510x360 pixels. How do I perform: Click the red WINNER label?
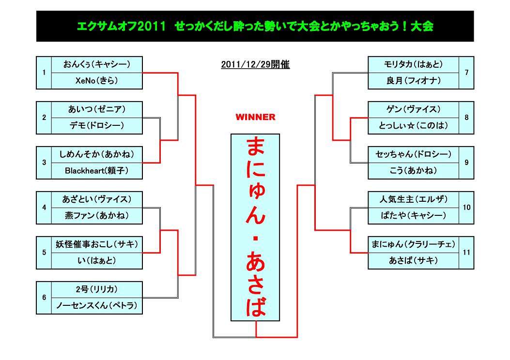click(255, 117)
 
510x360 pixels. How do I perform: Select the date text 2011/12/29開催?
click(255, 64)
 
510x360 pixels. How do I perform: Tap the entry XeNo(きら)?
click(97, 81)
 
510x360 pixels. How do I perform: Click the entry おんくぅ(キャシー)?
click(97, 64)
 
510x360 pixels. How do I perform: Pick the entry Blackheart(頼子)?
click(97, 171)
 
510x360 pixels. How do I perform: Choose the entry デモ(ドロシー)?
click(97, 126)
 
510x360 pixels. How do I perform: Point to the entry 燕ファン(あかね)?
click(97, 215)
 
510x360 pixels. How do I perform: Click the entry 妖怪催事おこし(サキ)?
click(97, 244)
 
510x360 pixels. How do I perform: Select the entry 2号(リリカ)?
click(97, 289)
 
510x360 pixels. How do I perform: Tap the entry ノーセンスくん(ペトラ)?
click(97, 305)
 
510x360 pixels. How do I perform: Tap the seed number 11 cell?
click(466, 253)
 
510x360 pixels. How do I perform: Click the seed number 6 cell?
click(44, 298)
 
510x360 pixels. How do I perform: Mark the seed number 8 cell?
click(466, 118)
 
